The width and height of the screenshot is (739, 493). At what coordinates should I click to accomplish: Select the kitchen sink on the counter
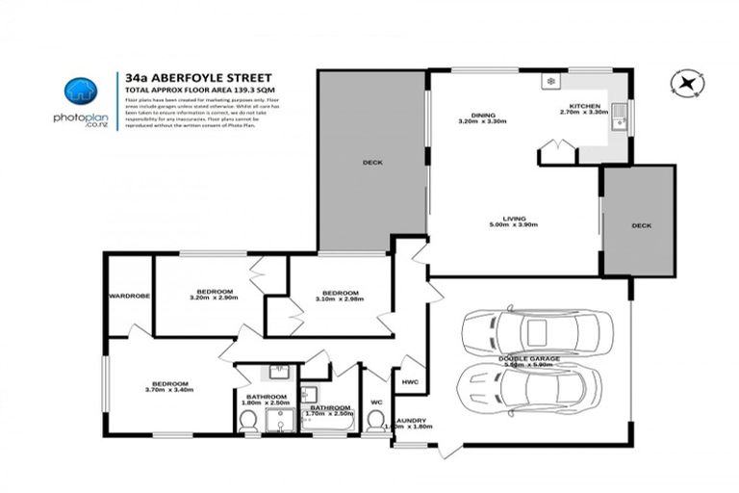click(622, 119)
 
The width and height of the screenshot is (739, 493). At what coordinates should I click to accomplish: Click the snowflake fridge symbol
click(550, 82)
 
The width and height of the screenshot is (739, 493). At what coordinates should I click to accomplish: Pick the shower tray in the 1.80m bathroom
click(280, 419)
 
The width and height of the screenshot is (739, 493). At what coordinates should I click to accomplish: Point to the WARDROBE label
click(129, 296)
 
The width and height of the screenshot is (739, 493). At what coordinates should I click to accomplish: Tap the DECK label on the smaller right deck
click(640, 225)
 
